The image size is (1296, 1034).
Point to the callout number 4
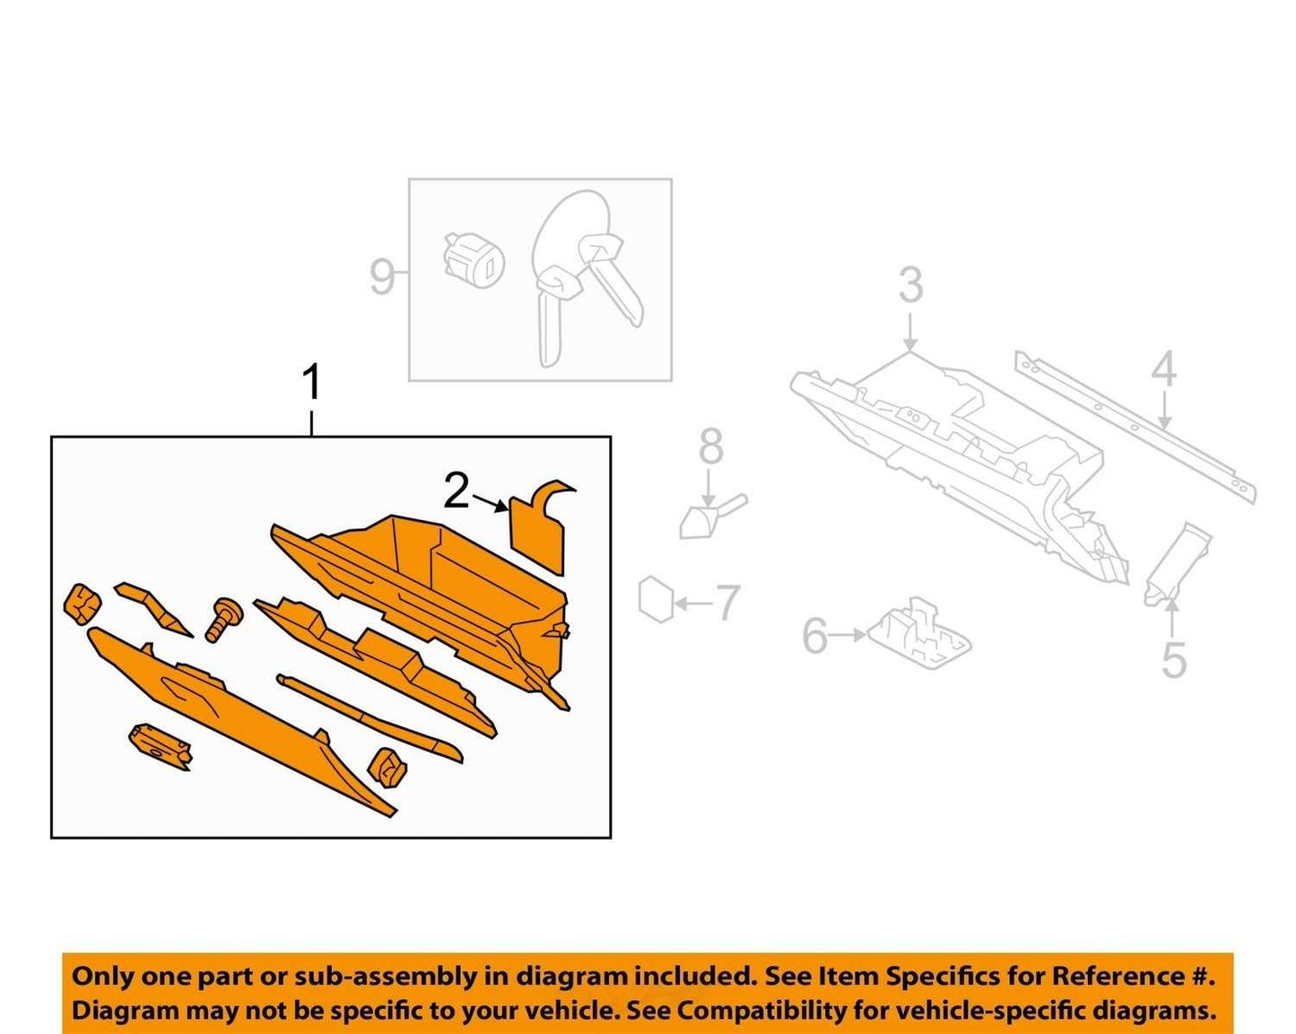coord(1163,369)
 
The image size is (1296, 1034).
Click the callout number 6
coord(815,636)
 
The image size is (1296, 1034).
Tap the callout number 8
coord(710,447)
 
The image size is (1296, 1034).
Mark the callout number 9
coord(382,276)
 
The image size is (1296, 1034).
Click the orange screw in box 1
coord(223,619)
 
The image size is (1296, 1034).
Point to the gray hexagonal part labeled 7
coord(657,599)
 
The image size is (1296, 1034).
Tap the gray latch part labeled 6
coord(918,635)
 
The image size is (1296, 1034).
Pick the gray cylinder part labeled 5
coord(1178,565)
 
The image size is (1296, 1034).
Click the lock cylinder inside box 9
coord(474,259)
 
